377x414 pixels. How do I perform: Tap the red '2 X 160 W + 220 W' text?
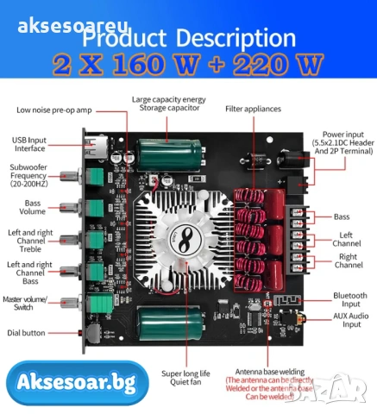click(x=187, y=65)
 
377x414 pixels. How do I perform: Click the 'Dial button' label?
click(x=35, y=332)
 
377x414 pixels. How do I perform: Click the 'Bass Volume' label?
click(x=33, y=207)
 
